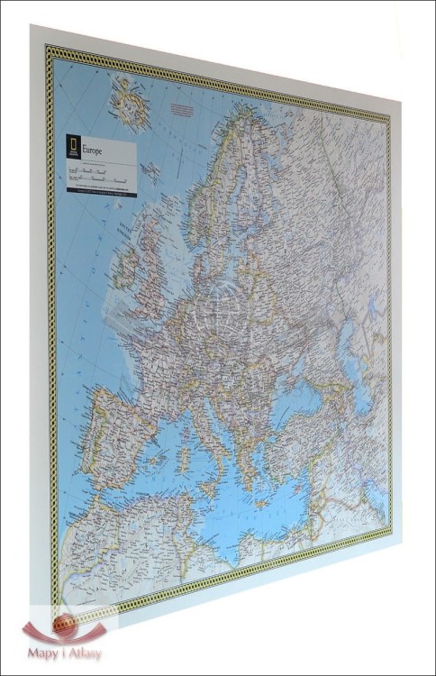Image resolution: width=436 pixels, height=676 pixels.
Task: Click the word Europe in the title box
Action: [93, 148]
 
